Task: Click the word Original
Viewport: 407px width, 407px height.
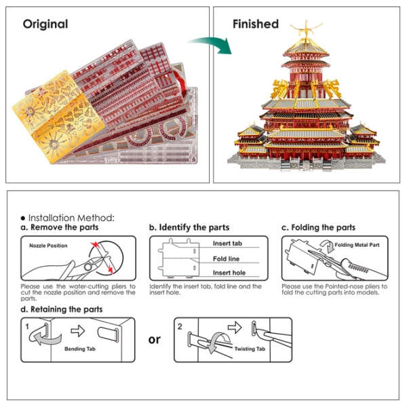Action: click(x=45, y=24)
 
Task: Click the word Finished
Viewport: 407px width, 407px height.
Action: click(x=256, y=24)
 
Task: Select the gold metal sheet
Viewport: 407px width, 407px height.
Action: click(x=58, y=117)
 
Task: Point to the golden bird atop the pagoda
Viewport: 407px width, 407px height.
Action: click(x=307, y=30)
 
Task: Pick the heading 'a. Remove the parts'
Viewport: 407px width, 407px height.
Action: click(x=60, y=227)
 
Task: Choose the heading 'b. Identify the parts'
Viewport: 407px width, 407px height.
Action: click(x=189, y=227)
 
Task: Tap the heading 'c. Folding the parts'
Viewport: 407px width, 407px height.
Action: click(x=318, y=227)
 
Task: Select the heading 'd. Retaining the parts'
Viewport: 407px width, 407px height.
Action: click(x=62, y=309)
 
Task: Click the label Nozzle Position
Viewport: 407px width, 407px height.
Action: click(x=48, y=246)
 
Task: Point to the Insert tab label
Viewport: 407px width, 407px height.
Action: click(x=227, y=244)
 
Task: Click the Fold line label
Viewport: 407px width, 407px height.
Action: click(x=226, y=258)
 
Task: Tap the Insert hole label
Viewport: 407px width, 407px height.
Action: click(x=229, y=273)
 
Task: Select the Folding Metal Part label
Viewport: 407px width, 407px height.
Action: click(x=357, y=245)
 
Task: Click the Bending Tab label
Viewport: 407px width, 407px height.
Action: click(x=80, y=349)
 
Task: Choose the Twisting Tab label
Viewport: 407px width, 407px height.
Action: click(x=250, y=349)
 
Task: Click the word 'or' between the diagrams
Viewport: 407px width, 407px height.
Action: click(x=155, y=340)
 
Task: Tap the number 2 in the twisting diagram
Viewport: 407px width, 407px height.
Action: click(x=180, y=326)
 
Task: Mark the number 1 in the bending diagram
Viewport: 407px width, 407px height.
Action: click(x=27, y=326)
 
